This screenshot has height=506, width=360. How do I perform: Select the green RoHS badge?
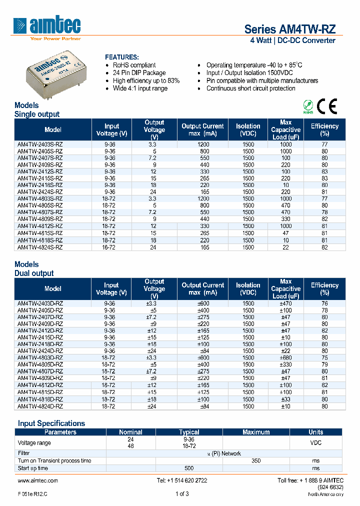tap(308, 106)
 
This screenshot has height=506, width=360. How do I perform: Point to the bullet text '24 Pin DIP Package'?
tap(139, 73)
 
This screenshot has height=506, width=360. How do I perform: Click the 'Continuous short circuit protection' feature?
tap(250, 88)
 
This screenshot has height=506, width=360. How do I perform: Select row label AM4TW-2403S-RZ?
tap(40, 144)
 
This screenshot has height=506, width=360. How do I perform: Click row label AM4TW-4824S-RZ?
tap(40, 246)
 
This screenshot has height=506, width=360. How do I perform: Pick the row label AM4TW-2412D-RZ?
tap(40, 330)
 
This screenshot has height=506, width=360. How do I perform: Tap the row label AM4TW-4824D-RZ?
tap(40, 406)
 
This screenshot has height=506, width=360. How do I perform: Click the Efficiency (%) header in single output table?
tap(324, 129)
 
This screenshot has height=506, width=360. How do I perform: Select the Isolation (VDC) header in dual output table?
tap(248, 288)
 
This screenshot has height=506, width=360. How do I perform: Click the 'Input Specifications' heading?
tap(51, 423)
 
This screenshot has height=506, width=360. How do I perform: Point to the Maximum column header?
tap(256, 432)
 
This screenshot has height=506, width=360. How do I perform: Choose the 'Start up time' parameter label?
tap(33, 468)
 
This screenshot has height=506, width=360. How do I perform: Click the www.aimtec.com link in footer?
tap(37, 480)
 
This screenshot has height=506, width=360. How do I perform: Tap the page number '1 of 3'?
tap(182, 494)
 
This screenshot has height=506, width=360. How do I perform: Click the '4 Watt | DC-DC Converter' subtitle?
tap(292, 40)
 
